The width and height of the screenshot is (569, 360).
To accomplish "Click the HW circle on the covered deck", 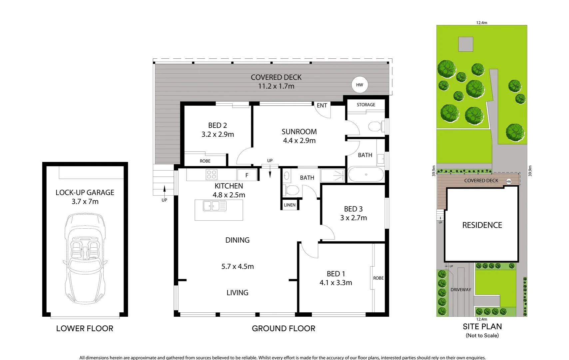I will (x=359, y=85).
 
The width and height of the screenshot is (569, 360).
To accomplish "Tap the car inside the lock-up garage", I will (x=85, y=258).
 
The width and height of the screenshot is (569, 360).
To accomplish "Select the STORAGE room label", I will (x=366, y=105).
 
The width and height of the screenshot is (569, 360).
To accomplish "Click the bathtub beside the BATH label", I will (x=366, y=174).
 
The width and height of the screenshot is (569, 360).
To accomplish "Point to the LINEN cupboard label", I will (x=289, y=205).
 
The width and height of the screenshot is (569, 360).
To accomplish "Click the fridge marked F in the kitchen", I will (x=247, y=175).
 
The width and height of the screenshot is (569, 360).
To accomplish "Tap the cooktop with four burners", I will (x=212, y=175).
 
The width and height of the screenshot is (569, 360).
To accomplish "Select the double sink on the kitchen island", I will (x=215, y=206).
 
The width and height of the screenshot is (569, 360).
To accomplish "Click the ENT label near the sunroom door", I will (x=322, y=106).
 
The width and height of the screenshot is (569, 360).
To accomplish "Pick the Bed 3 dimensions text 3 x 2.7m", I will (x=353, y=218).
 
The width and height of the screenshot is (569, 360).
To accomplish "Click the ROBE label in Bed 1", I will (x=378, y=278).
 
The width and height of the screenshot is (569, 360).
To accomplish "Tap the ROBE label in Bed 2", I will (x=205, y=161).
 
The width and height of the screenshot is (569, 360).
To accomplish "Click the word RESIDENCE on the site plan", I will (x=482, y=225).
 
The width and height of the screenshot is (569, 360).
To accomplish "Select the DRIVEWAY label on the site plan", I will (x=461, y=290).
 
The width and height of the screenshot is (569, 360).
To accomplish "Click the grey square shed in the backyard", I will (x=466, y=44).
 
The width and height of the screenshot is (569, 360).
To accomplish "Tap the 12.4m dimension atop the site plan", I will (x=482, y=23).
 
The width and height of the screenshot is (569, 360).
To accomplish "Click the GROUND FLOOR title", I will (x=284, y=329).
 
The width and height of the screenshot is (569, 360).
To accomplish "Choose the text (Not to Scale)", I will (x=482, y=336).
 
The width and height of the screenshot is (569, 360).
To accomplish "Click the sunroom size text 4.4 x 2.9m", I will (x=299, y=141).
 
